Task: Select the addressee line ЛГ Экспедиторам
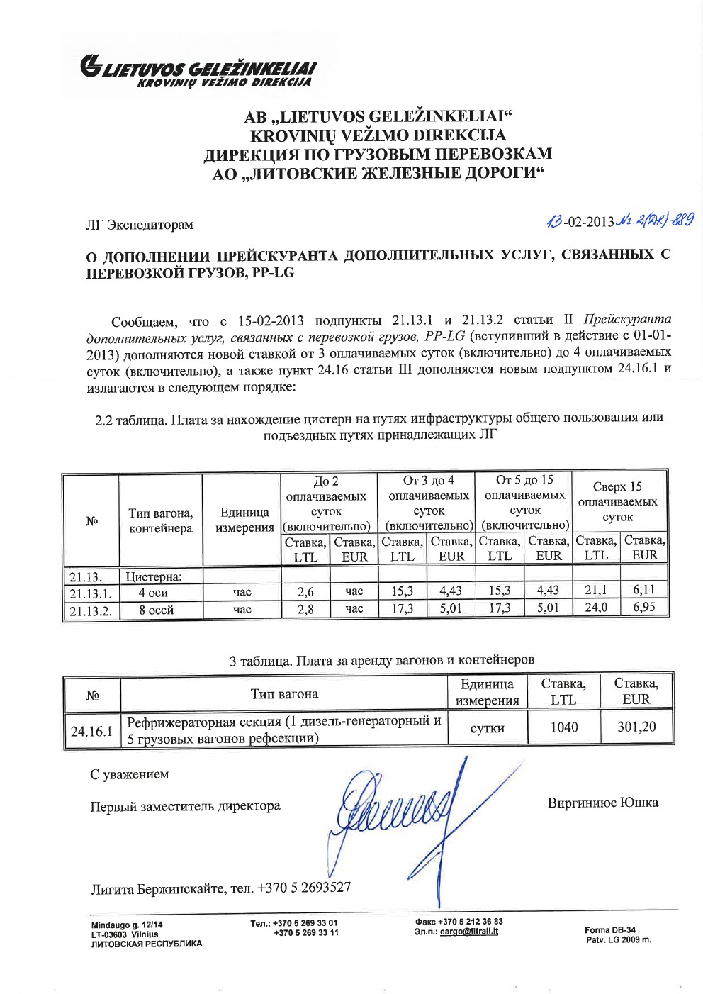click(x=140, y=225)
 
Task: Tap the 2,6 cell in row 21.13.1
click(x=305, y=591)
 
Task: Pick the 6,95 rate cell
click(x=644, y=607)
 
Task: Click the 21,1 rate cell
click(x=595, y=590)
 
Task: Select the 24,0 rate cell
click(x=595, y=607)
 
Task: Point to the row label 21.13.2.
click(x=91, y=610)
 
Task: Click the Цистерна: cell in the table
click(x=154, y=576)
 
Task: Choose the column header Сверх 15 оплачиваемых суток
click(x=618, y=501)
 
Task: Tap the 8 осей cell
click(x=157, y=610)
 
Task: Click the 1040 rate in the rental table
click(x=564, y=727)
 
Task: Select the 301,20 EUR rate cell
click(x=636, y=727)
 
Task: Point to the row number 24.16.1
click(x=91, y=731)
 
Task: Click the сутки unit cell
click(x=488, y=728)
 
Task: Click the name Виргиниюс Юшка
click(x=602, y=803)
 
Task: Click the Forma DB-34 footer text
click(x=610, y=929)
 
